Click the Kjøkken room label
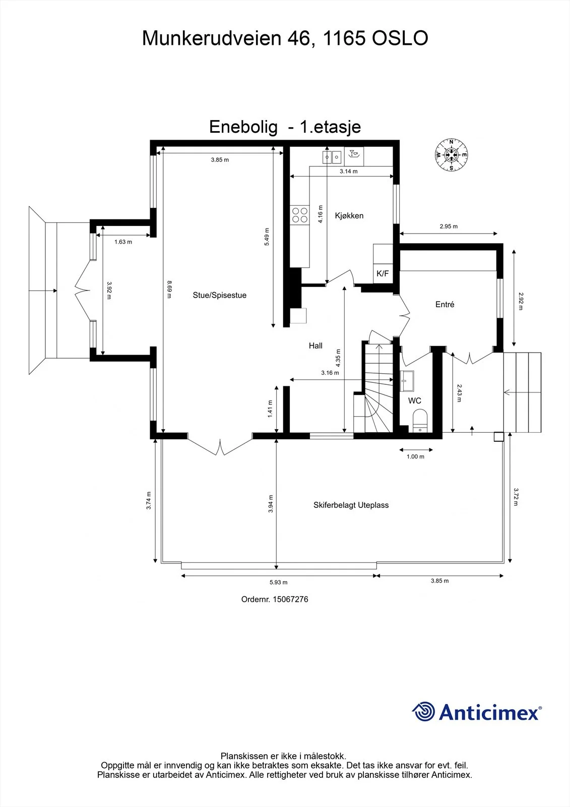349,216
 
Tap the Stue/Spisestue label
220,296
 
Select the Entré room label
445,305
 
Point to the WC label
414,400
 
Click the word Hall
315,346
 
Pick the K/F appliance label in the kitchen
383,273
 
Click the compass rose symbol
451,155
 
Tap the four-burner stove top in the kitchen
300,215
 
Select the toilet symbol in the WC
419,421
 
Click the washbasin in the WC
407,381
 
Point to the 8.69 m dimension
169,290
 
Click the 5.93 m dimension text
278,582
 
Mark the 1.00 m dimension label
415,457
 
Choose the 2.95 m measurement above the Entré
449,226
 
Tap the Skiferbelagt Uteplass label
351,505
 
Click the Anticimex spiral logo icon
423,711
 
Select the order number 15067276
290,599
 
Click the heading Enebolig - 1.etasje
285,127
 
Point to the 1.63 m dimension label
123,242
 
